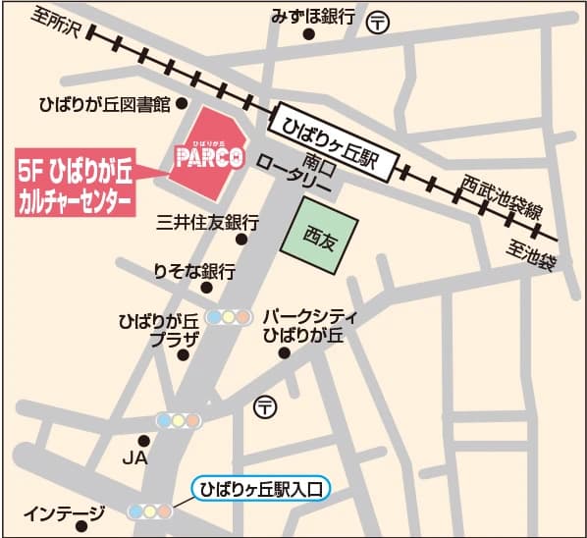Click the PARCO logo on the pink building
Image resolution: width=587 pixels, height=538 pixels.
coord(207,156)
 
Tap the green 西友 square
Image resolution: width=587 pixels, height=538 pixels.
coord(320,236)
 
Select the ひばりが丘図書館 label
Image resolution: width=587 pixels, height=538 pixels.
coord(104,103)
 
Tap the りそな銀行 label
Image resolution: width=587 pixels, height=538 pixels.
coord(194,271)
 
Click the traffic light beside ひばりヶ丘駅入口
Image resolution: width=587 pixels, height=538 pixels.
coord(149,511)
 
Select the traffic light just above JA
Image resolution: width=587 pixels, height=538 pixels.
coord(180,420)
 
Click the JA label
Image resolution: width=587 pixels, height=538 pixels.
coord(133,457)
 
